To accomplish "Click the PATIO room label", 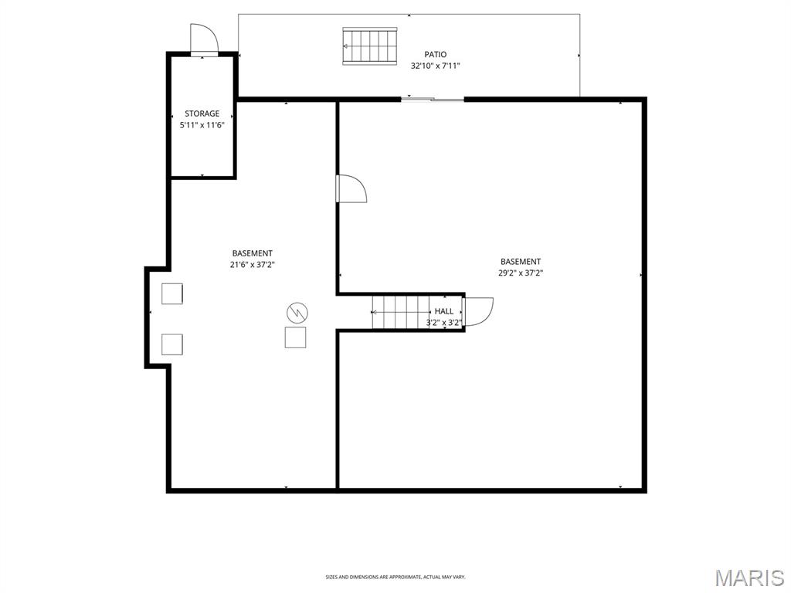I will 435,54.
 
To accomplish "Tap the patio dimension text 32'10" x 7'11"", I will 435,66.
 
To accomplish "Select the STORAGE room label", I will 202,114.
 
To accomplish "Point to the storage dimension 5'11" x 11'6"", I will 202,124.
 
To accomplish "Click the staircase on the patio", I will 370,46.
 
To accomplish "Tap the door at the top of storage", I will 204,39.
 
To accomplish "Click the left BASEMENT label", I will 252,253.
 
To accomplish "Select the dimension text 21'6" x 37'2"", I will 252,265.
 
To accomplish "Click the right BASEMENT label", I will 520,262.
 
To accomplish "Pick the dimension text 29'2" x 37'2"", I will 520,273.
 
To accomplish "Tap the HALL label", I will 444,311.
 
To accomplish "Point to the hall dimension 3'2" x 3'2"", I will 444,323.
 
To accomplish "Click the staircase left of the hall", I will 399,312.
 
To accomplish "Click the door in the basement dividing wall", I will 351,189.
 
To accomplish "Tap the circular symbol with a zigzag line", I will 297,313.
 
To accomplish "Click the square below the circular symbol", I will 296,337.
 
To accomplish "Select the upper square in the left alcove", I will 172,294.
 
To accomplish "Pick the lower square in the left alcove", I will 172,344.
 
